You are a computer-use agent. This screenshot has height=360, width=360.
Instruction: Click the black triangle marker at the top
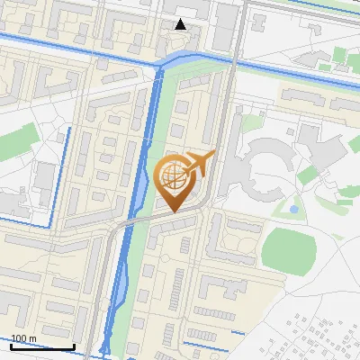point(181,24)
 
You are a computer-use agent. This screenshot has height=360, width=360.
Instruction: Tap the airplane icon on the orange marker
point(198,165)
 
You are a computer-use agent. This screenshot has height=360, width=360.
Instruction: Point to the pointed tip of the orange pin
point(172,211)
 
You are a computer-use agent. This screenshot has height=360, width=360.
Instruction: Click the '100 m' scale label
point(24,338)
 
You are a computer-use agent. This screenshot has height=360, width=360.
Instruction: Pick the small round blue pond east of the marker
point(293,209)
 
